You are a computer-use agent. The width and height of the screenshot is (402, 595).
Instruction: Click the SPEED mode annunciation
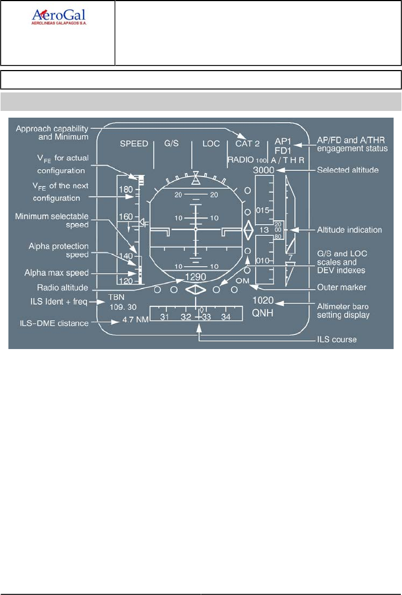click(x=134, y=144)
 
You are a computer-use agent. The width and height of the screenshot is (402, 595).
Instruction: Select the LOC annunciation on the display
click(x=211, y=144)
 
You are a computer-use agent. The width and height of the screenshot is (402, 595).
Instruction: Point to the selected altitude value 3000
click(x=263, y=170)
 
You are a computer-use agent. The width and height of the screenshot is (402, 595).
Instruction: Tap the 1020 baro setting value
click(x=263, y=300)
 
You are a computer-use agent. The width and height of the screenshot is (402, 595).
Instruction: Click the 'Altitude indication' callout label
click(x=349, y=230)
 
